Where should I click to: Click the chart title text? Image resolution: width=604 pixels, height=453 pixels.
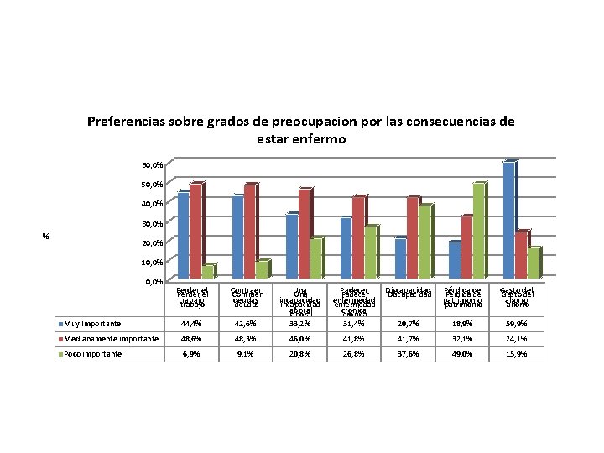(x=300, y=129)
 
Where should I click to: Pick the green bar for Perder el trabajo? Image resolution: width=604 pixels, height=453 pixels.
(x=207, y=271)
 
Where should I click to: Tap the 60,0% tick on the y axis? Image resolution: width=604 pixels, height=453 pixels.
(x=152, y=165)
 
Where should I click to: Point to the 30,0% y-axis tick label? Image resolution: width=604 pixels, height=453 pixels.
(x=152, y=223)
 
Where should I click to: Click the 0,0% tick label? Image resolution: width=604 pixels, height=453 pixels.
(x=154, y=282)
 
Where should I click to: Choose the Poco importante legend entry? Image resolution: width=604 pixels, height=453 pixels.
(x=91, y=354)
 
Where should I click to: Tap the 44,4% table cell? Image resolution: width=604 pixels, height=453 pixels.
(x=193, y=324)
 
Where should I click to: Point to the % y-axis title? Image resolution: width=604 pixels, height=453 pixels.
(x=46, y=236)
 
